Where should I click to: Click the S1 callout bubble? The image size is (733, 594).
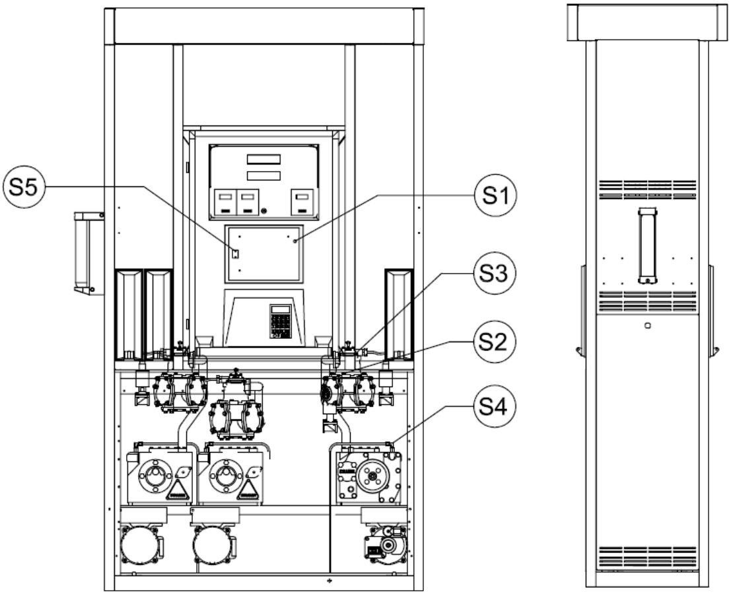pyautogui.click(x=495, y=196)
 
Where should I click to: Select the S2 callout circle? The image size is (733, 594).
pyautogui.click(x=495, y=342)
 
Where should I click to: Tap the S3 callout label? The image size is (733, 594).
pyautogui.click(x=495, y=274)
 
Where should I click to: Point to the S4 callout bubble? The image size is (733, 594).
pyautogui.click(x=495, y=406)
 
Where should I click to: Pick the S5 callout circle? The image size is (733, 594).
pyautogui.click(x=24, y=188)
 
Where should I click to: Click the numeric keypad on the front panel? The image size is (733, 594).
pyautogui.click(x=281, y=321)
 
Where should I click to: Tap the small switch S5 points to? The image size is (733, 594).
pyautogui.click(x=236, y=254)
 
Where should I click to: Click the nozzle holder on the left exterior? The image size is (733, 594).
pyautogui.click(x=89, y=253)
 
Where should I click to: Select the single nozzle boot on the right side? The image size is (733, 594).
pyautogui.click(x=399, y=315)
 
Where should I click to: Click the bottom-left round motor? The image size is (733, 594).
pyautogui.click(x=140, y=545)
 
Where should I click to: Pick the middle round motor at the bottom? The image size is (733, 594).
pyautogui.click(x=213, y=545)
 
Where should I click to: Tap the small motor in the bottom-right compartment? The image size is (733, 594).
pyautogui.click(x=386, y=545)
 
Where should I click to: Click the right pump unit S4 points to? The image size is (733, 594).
pyautogui.click(x=368, y=476)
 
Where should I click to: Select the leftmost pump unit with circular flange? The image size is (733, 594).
pyautogui.click(x=159, y=474)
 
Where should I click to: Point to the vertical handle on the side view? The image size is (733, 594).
pyautogui.click(x=647, y=246)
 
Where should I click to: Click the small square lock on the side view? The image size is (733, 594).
pyautogui.click(x=647, y=326)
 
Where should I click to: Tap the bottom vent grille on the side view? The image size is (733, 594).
pyautogui.click(x=647, y=556)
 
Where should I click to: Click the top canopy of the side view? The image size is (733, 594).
pyautogui.click(x=648, y=22)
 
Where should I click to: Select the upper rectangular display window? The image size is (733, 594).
pyautogui.click(x=263, y=159)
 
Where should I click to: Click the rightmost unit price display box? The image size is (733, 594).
pyautogui.click(x=302, y=202)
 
